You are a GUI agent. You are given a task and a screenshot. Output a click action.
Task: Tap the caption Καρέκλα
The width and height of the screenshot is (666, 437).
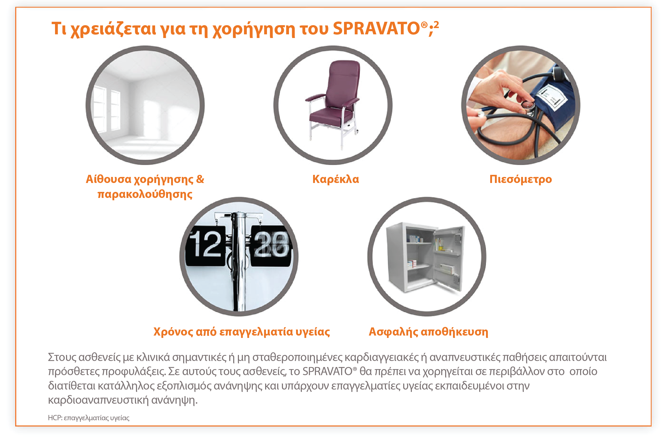click(335, 179)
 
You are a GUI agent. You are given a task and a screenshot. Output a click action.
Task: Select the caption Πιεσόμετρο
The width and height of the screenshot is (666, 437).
click(520, 179)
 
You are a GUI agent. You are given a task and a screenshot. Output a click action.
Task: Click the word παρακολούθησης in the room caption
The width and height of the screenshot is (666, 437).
click(145, 194)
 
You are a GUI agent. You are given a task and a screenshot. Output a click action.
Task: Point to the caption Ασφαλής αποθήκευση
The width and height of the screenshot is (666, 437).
click(428, 332)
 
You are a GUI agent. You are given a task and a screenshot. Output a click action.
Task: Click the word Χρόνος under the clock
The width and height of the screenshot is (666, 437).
click(173, 332)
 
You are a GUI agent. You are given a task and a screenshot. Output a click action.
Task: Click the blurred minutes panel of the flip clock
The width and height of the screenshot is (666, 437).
click(271, 245)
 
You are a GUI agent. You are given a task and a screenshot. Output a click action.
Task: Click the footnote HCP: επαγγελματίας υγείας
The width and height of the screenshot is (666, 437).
click(89, 418)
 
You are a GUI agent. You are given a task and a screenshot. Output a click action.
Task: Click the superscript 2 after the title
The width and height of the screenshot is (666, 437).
click(436, 25)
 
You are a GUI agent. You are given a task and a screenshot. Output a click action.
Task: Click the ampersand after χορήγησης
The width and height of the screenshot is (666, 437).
click(200, 179)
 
